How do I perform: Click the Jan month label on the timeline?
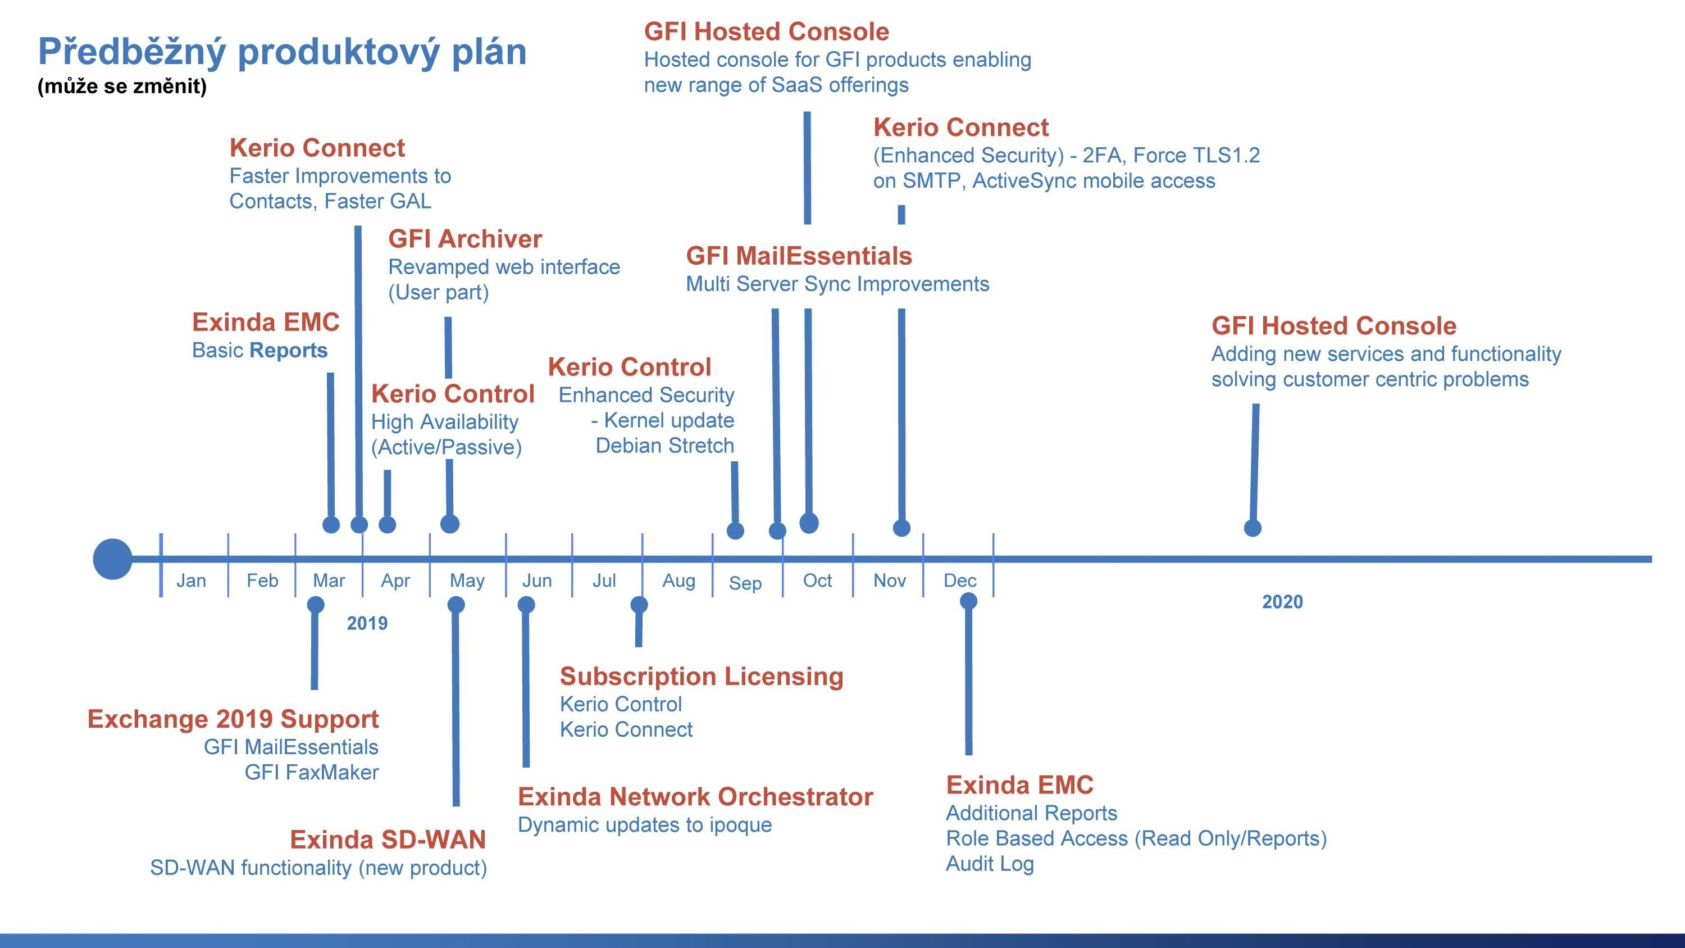191,580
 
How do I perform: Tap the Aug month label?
678,581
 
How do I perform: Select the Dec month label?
959,580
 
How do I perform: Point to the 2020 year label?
1282,602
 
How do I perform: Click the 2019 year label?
367,623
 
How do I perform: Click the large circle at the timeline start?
112,559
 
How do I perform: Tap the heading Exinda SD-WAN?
388,840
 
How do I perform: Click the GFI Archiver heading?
465,239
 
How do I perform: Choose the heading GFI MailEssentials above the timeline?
799,256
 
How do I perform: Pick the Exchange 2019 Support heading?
233,719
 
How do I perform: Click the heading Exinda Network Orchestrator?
695,797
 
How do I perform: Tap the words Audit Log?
990,864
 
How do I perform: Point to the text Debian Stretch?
664,446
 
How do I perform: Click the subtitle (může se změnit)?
122,87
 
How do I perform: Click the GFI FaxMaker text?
311,773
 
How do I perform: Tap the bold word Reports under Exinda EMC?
289,351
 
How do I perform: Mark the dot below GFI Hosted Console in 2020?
1252,528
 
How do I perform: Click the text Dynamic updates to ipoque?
645,825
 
